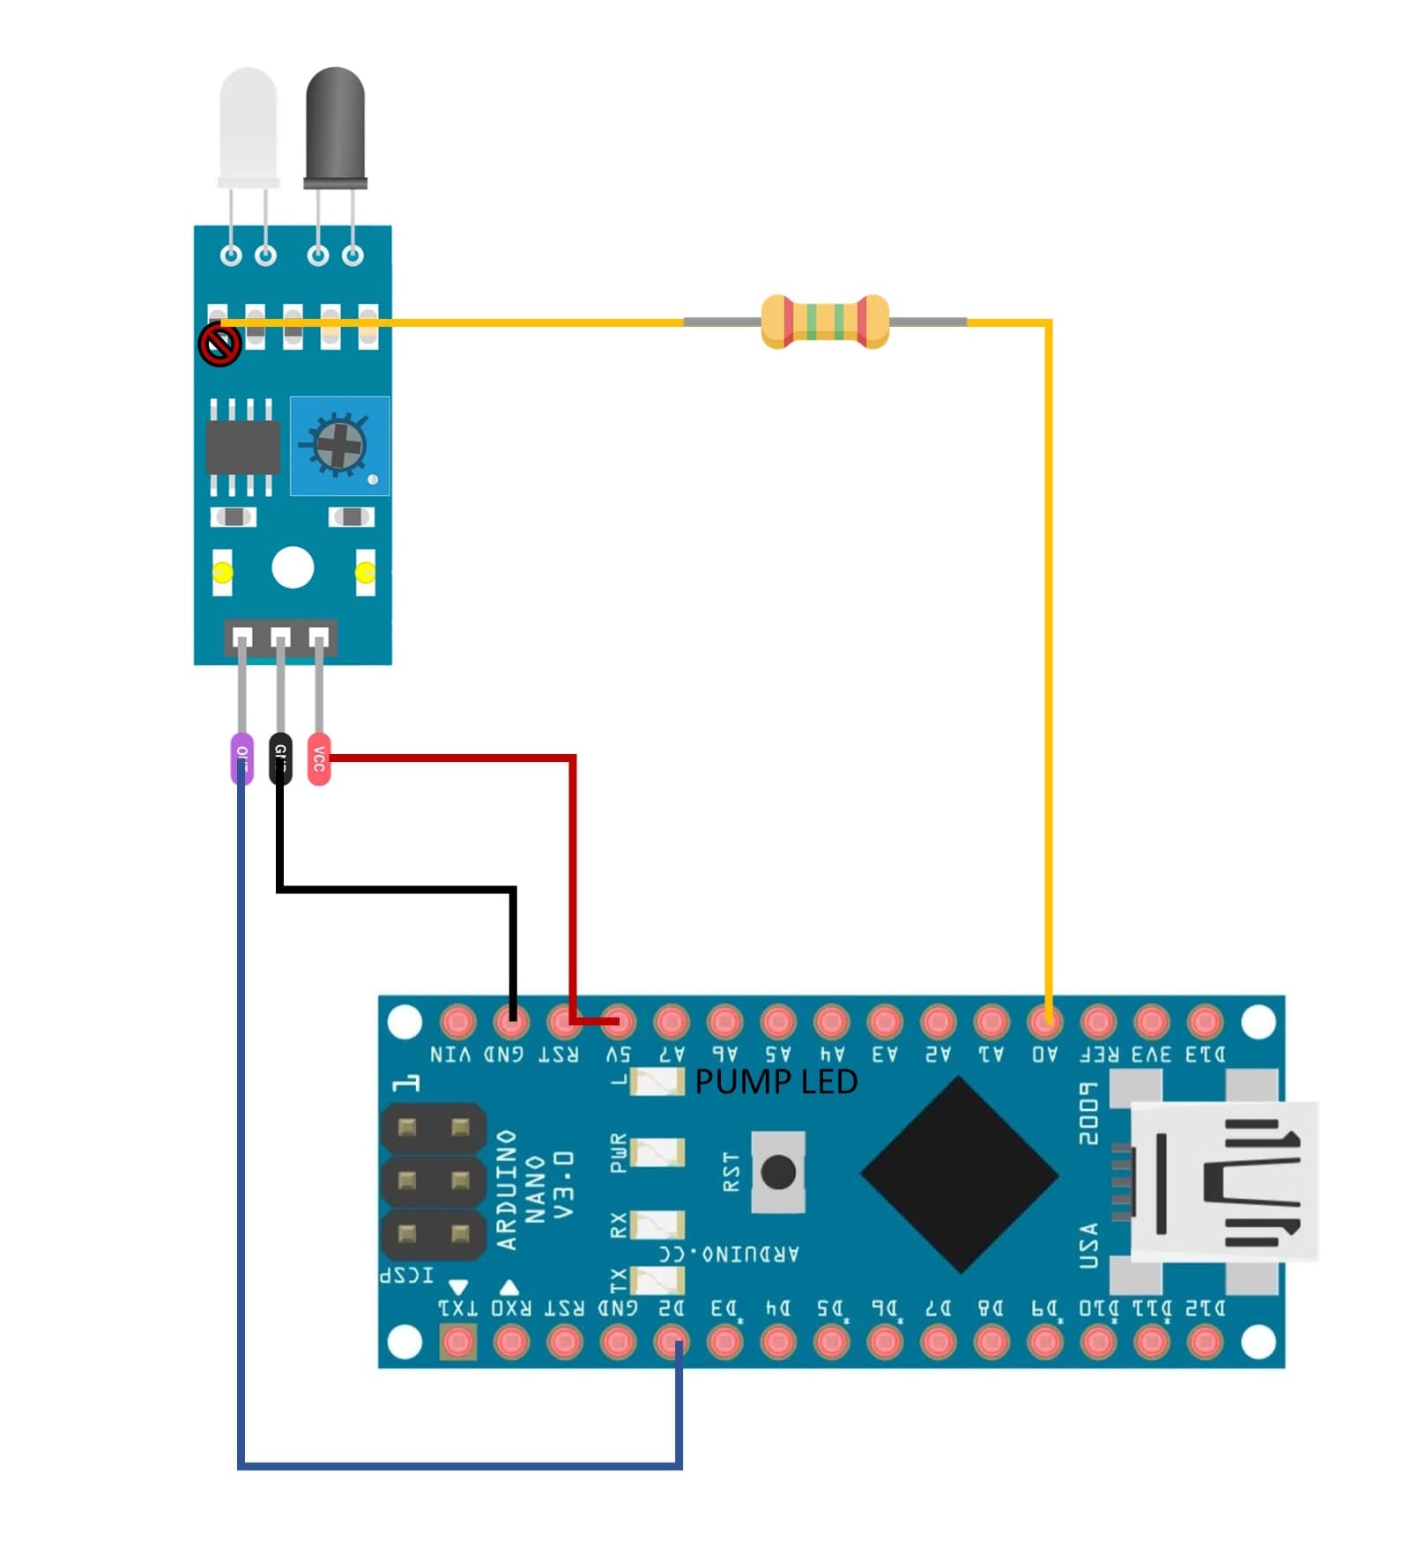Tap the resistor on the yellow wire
tap(825, 322)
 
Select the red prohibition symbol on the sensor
tap(219, 344)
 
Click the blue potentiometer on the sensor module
tap(339, 446)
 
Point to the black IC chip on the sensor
tap(242, 447)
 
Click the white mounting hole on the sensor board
tap(293, 567)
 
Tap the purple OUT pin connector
tap(241, 757)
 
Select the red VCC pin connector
tap(319, 758)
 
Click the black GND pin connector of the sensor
tap(280, 757)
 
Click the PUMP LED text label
tap(776, 1082)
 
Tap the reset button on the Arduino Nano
tap(778, 1172)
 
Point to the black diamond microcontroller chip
tap(959, 1174)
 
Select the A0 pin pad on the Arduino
tap(1045, 1022)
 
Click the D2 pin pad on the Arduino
tap(672, 1343)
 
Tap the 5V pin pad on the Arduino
tap(618, 1022)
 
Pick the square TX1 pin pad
tap(457, 1343)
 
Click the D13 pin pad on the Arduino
tap(1205, 1022)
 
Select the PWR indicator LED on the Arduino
tap(657, 1152)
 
